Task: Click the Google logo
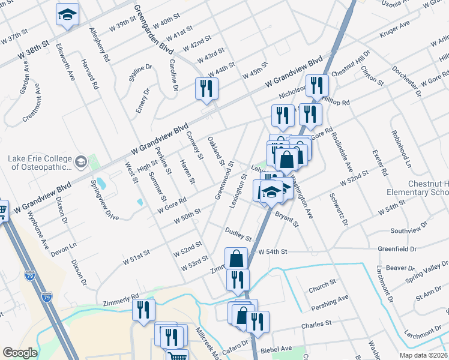(x=20, y=353)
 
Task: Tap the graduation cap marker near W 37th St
(x=67, y=15)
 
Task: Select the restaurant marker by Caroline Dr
(x=206, y=88)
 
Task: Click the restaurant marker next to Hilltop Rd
(x=316, y=85)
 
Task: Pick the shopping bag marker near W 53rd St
(x=237, y=259)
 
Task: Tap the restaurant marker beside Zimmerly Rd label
(x=143, y=310)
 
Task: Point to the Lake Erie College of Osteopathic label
(x=39, y=163)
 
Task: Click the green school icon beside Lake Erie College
(x=80, y=161)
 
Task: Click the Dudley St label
(x=237, y=232)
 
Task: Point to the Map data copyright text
(x=423, y=355)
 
